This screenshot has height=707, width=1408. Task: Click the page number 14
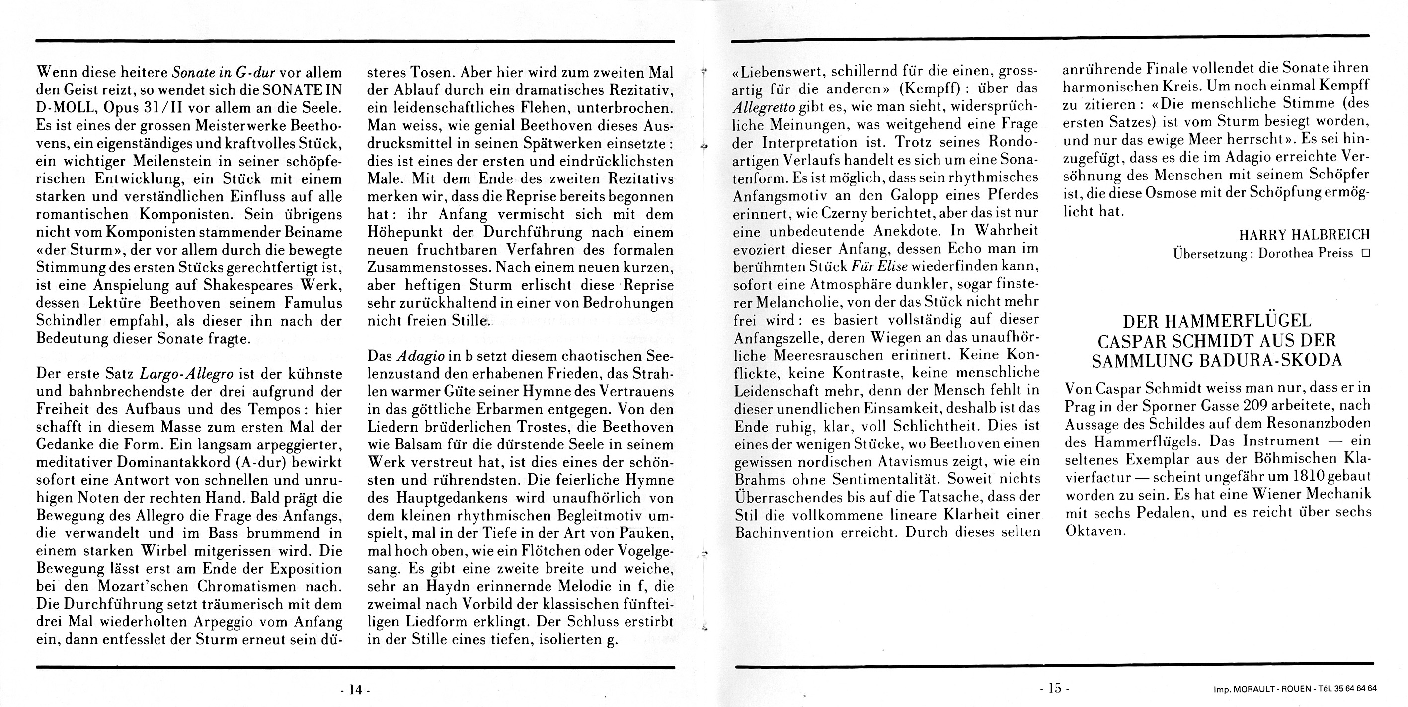click(355, 690)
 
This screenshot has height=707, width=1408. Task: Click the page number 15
click(1054, 689)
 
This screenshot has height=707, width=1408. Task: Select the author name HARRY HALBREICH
click(1304, 235)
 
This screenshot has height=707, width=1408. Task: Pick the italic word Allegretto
click(763, 106)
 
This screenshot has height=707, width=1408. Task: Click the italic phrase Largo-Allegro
click(187, 374)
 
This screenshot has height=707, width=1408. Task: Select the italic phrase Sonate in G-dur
click(223, 72)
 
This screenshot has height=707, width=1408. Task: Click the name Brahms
click(762, 479)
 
